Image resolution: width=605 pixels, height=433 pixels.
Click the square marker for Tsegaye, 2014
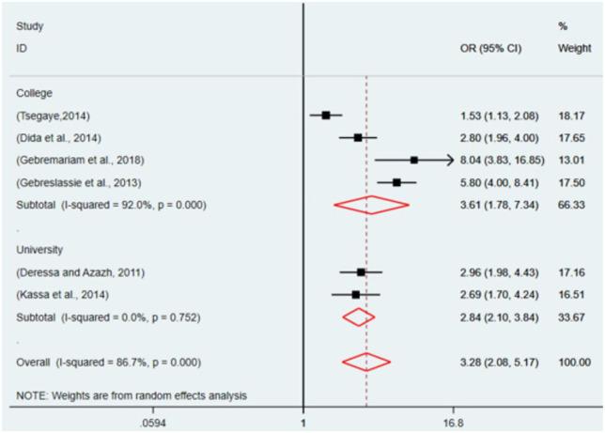[x=326, y=115]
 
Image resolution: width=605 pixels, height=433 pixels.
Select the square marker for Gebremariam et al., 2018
[x=414, y=160]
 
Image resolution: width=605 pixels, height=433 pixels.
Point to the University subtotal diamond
[x=358, y=317]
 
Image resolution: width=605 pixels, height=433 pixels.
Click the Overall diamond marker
[x=365, y=362]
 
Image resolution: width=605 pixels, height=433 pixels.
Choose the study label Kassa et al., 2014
[x=56, y=294]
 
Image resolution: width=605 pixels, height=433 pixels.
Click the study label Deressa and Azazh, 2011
[x=73, y=271]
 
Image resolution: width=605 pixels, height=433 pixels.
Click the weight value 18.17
[x=572, y=115]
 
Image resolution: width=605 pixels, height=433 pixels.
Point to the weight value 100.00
[x=575, y=362]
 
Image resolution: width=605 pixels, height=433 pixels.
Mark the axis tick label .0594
[x=151, y=423]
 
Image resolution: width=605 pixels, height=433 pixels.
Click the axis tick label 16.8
[x=454, y=423]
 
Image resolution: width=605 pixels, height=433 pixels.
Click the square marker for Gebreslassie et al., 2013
[x=396, y=182]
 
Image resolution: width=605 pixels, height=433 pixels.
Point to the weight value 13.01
[x=572, y=160]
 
